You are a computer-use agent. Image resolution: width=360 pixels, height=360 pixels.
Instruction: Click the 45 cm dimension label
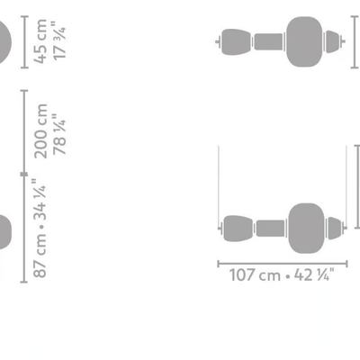pos(40,41)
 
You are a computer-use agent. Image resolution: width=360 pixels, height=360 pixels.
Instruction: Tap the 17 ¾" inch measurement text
pos(58,40)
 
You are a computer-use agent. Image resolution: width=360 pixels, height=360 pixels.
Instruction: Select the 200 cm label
pos(40,131)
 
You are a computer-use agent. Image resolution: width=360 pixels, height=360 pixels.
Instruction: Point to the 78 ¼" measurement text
pos(58,134)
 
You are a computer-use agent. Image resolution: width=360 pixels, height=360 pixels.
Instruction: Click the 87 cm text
pos(40,254)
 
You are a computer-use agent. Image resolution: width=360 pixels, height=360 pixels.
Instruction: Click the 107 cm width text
pos(255,274)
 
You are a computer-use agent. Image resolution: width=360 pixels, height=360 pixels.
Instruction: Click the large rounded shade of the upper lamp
pos(304,41)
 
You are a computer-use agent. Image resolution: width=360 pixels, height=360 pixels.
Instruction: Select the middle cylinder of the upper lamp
pos(268,41)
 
